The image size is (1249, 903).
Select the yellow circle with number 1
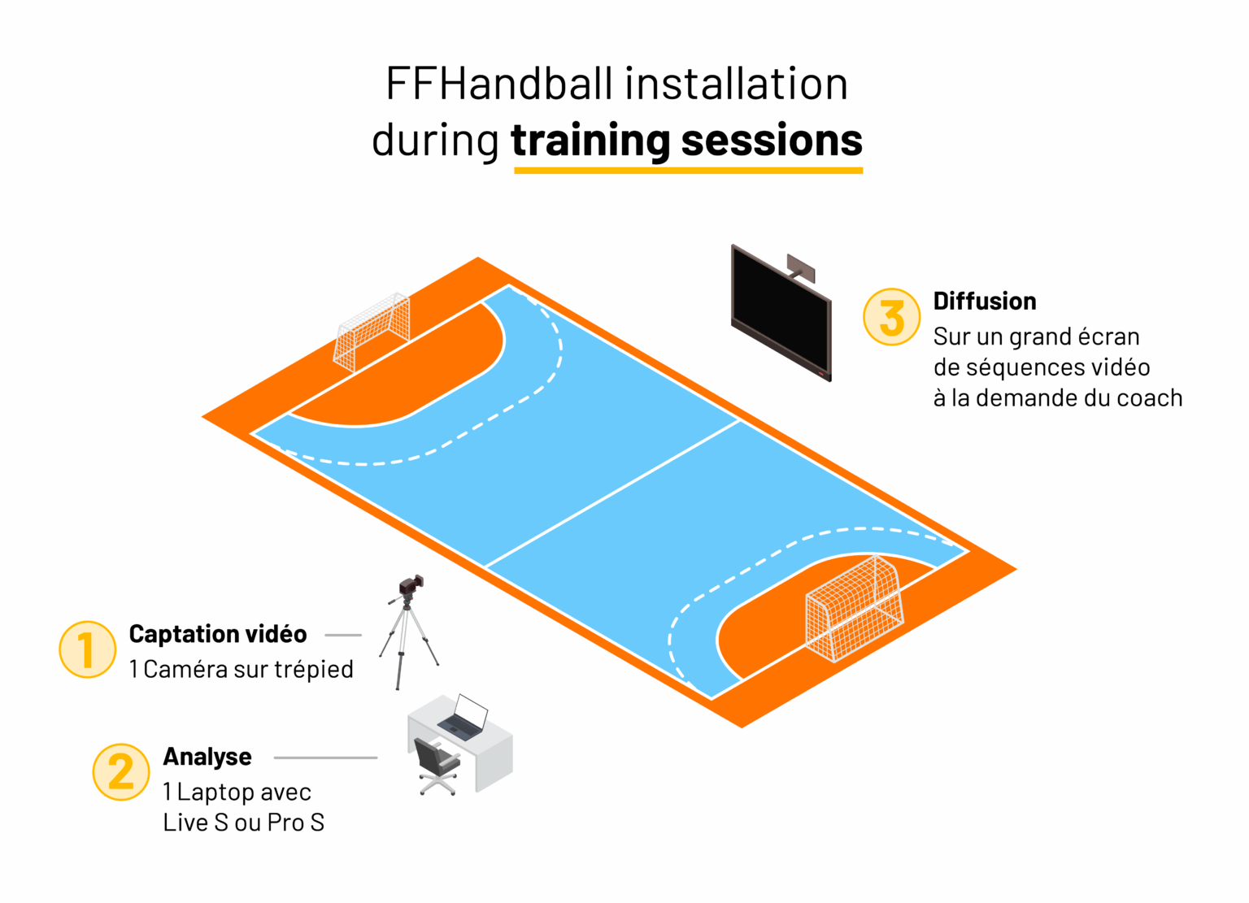click(88, 650)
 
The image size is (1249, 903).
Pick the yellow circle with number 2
click(121, 773)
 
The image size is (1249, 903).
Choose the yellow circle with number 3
click(891, 317)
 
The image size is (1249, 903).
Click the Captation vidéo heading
click(218, 634)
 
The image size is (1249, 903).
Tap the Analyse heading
click(207, 757)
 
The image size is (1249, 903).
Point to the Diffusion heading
click(985, 302)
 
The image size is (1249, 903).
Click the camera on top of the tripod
click(411, 585)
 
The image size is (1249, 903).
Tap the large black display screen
click(781, 313)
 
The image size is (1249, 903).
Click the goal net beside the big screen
click(372, 332)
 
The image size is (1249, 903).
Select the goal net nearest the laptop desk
click(855, 609)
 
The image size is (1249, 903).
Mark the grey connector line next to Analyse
click(325, 758)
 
